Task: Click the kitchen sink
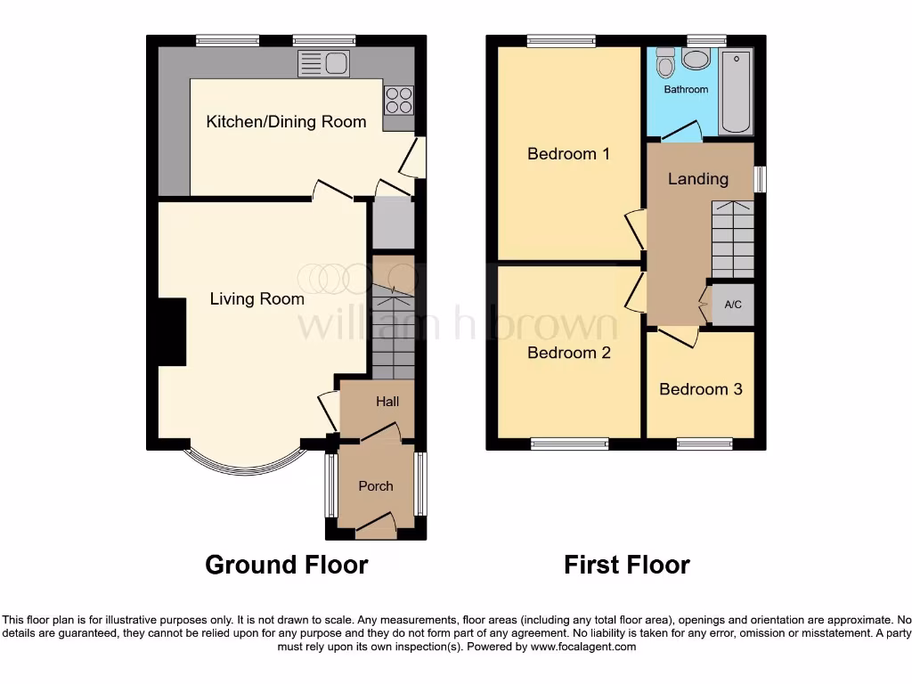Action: (325, 63)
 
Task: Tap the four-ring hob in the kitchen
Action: (398, 99)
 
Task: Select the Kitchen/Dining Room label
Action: (286, 122)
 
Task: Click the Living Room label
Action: (256, 299)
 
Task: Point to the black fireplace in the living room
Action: (172, 332)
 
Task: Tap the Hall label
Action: (387, 402)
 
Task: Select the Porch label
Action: (376, 486)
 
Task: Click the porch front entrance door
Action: (375, 527)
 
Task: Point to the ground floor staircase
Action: (393, 330)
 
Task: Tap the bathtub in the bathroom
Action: (736, 93)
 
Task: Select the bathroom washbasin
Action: (695, 60)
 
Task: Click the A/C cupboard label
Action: (733, 305)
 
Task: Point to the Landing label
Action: (698, 179)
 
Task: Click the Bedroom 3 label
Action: (700, 389)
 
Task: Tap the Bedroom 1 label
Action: (568, 154)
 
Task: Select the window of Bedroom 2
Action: (570, 443)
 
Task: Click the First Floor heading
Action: (626, 565)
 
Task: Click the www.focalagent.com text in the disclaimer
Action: (583, 647)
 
